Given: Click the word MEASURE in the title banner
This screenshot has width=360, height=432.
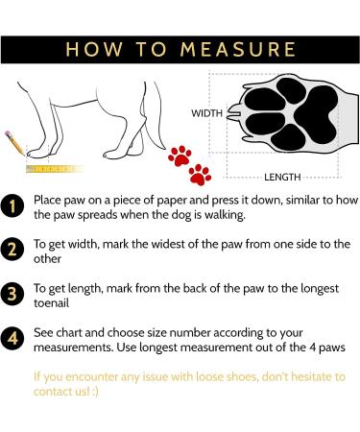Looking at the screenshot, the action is [x=238, y=50].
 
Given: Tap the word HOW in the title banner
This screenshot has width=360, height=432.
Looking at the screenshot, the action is [x=94, y=50].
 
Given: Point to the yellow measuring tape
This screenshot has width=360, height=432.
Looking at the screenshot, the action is [x=55, y=169].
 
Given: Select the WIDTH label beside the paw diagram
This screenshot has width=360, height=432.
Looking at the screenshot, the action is [x=206, y=113].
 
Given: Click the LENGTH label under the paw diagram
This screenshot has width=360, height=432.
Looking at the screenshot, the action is [x=282, y=177].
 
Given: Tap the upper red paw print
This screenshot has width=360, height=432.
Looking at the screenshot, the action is [x=180, y=156].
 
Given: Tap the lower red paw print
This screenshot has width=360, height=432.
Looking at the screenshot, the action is [x=200, y=175].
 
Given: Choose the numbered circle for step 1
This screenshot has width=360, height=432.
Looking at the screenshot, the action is [x=12, y=206].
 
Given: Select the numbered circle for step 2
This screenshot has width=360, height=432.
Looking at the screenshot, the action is [x=12, y=250].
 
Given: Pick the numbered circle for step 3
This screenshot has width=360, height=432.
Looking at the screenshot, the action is [x=12, y=294].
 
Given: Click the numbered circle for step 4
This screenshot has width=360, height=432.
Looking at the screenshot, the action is [x=12, y=339].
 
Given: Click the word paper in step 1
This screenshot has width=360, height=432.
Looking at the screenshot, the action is [x=172, y=201].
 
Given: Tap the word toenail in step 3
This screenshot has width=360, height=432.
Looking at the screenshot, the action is [x=52, y=303].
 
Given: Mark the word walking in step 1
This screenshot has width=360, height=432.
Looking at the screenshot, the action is [x=225, y=215].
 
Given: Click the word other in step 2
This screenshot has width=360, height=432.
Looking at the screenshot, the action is [x=47, y=259].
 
